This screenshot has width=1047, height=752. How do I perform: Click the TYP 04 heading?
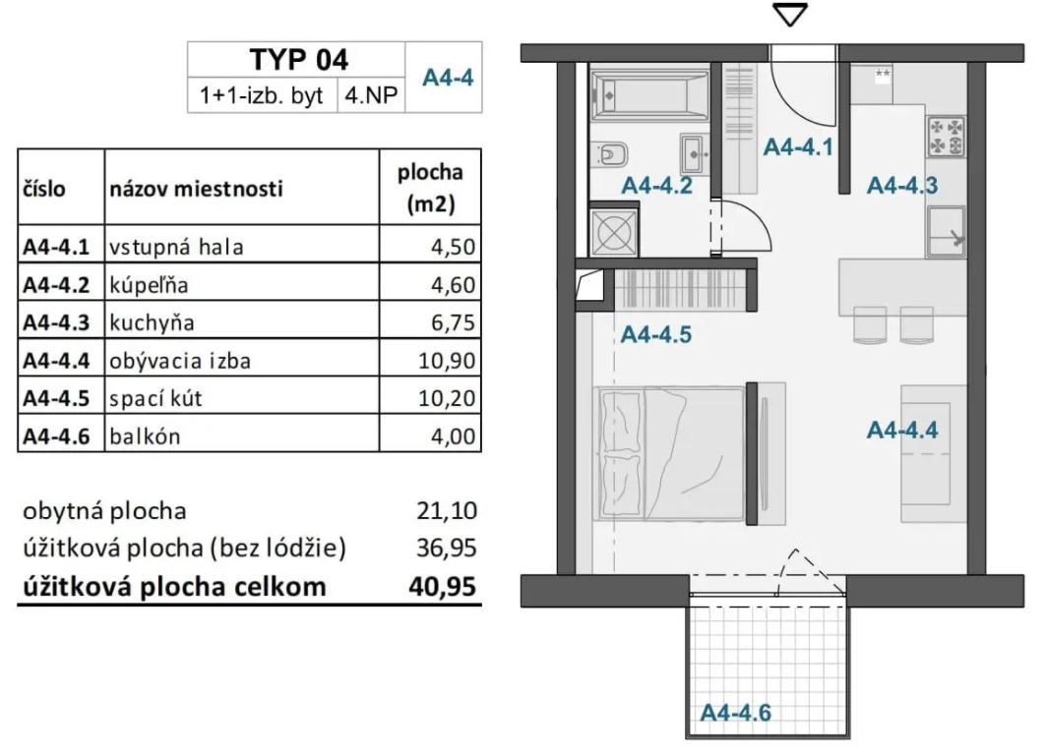click(298, 59)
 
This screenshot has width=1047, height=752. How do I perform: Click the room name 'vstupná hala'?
click(176, 248)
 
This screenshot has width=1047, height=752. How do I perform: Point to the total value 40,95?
click(442, 587)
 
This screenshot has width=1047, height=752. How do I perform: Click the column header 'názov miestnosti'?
click(195, 189)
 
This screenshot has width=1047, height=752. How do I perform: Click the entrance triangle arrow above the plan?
click(791, 15)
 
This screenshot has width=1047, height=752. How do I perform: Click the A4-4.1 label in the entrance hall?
click(799, 147)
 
